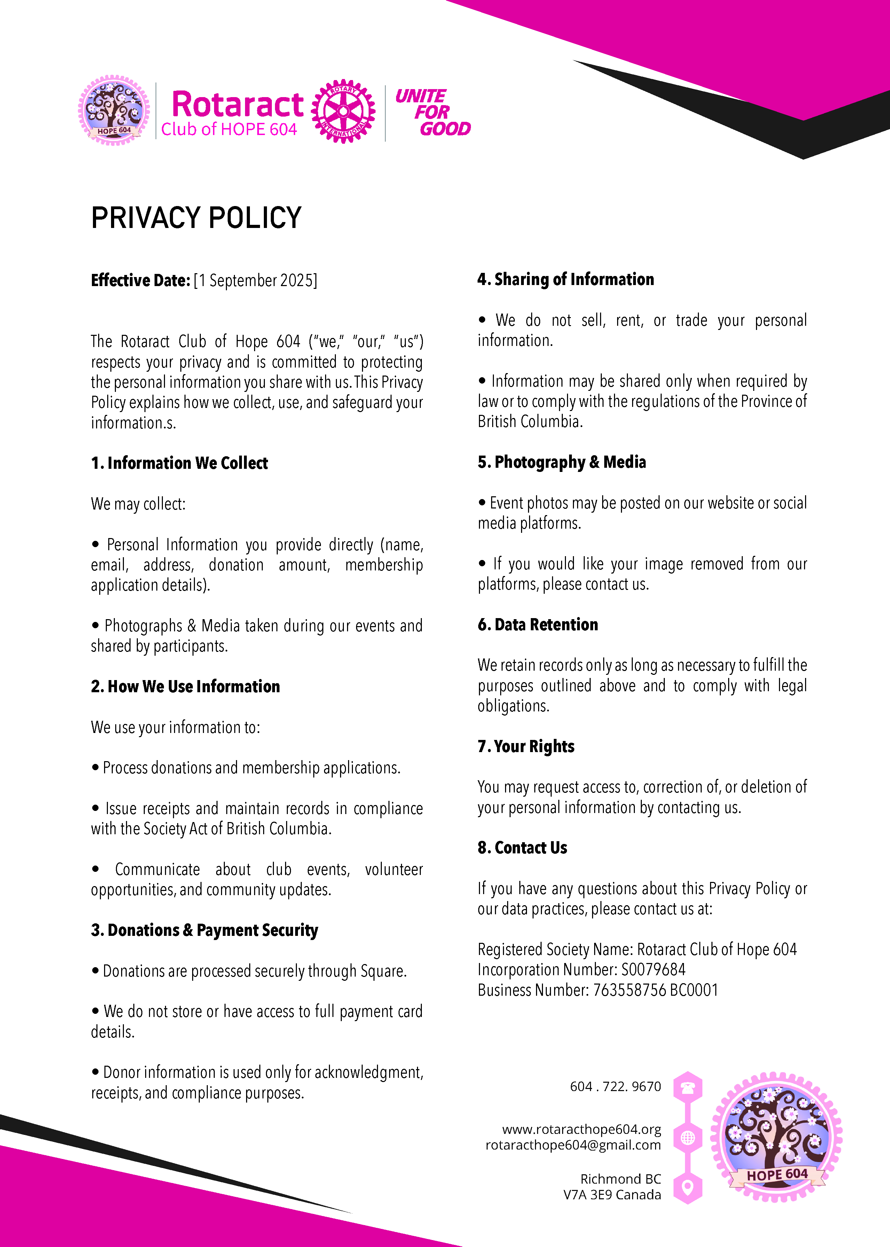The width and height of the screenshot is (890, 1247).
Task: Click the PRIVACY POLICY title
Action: tap(196, 218)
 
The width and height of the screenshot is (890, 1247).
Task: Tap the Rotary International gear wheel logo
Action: tap(343, 111)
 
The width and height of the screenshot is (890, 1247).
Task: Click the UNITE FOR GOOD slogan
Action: tap(432, 112)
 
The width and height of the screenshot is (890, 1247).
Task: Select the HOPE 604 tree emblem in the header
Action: tap(114, 110)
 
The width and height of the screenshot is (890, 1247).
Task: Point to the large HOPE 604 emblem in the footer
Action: tap(776, 1137)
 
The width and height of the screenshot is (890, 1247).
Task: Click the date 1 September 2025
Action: tap(255, 281)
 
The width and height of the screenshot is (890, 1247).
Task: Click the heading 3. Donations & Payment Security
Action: tap(204, 930)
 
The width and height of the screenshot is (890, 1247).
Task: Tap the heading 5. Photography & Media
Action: tap(562, 462)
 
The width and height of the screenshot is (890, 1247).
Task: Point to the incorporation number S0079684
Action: tap(653, 970)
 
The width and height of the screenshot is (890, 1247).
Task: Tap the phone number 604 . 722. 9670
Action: tap(615, 1087)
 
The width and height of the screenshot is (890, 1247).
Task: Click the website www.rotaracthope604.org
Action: tap(582, 1129)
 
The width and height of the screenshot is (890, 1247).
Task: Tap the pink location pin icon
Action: tap(688, 1188)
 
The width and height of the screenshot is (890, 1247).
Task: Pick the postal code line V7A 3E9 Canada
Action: tap(612, 1195)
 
